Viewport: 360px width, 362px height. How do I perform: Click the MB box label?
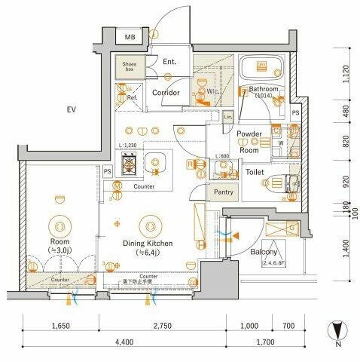pyautogui.click(x=129, y=37)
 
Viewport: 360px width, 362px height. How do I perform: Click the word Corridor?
pyautogui.click(x=165, y=93)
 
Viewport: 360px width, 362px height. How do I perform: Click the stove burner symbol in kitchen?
pyautogui.click(x=129, y=162)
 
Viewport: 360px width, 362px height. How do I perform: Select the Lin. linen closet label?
pyautogui.click(x=227, y=117)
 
